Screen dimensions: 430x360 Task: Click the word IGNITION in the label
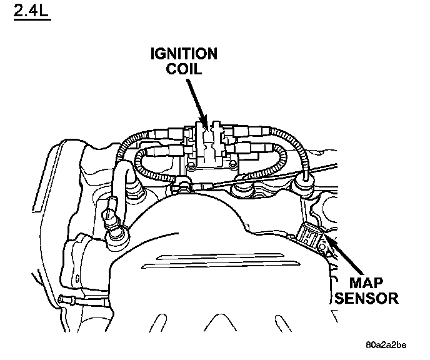tap(184, 54)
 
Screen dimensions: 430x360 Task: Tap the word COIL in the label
tap(184, 68)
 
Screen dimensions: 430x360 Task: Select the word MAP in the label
tap(366, 282)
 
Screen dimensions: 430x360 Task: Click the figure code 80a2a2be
tap(386, 344)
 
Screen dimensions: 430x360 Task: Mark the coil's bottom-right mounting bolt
tap(232, 166)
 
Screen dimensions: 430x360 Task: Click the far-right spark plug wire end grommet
tap(305, 182)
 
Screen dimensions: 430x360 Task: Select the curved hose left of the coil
tap(119, 181)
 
